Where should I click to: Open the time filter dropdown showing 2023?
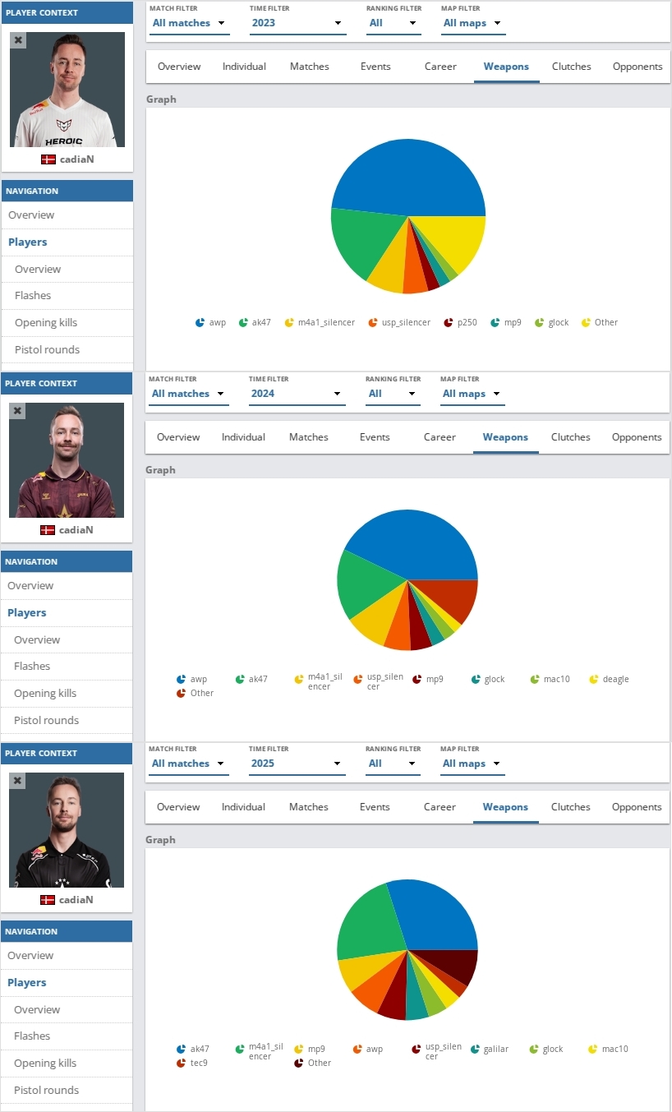(x=297, y=23)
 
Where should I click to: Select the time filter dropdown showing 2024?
(x=297, y=394)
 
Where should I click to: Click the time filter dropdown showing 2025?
(x=297, y=764)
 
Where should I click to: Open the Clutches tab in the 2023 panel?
(x=571, y=67)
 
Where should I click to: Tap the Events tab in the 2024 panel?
(x=375, y=437)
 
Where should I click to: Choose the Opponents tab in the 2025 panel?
(x=637, y=807)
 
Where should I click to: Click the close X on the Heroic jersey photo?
(x=19, y=39)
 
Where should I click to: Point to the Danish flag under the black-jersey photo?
(x=47, y=900)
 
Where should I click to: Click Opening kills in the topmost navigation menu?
(x=46, y=323)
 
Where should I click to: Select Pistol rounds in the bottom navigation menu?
(x=46, y=1091)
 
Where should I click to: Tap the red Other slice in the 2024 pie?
(x=460, y=600)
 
